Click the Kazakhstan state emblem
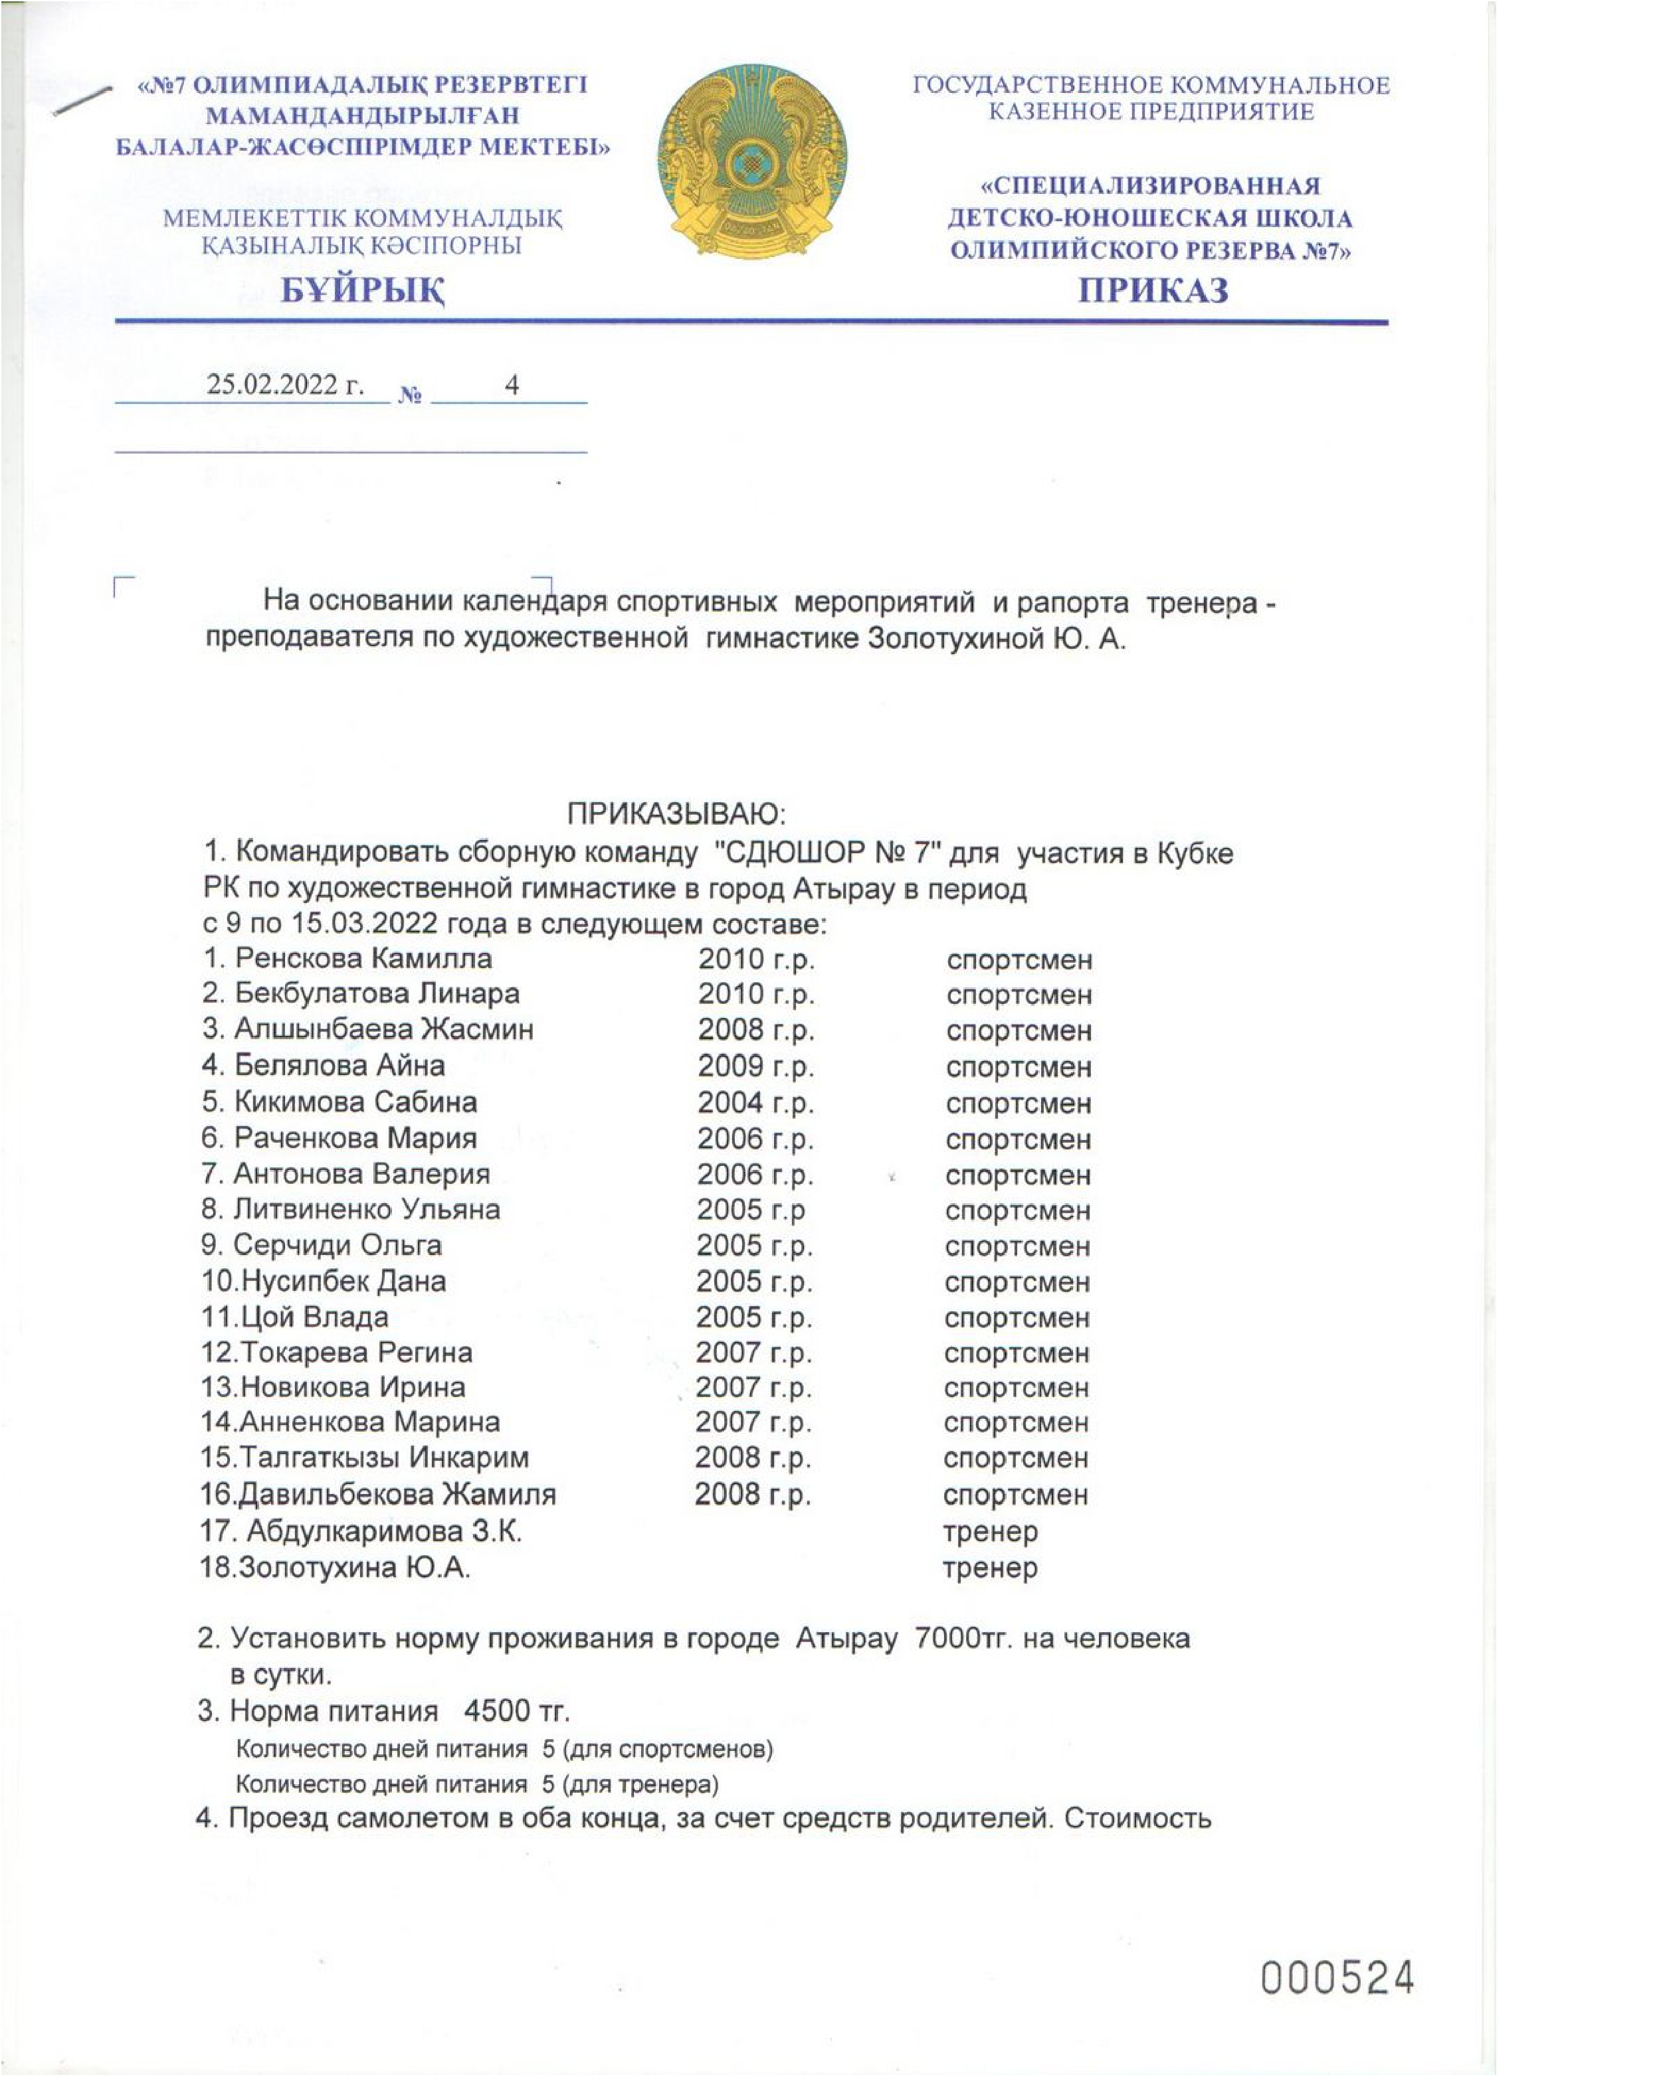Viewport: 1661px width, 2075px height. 752,162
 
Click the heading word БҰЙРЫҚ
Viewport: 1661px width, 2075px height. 363,290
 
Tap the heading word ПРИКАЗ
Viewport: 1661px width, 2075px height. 1153,290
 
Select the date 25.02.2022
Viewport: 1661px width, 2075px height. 285,385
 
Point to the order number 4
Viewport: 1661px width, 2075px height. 512,385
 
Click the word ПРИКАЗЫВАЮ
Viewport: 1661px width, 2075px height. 676,814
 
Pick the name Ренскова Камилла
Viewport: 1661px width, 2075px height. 363,959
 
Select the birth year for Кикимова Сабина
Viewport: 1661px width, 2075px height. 756,1102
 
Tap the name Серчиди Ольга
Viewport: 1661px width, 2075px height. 337,1246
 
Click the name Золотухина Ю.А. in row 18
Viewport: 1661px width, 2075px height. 353,1568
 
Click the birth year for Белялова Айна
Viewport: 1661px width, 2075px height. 756,1066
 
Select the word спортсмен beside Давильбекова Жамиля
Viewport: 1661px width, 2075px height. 1016,1495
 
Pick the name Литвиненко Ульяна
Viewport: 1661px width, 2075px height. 366,1210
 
